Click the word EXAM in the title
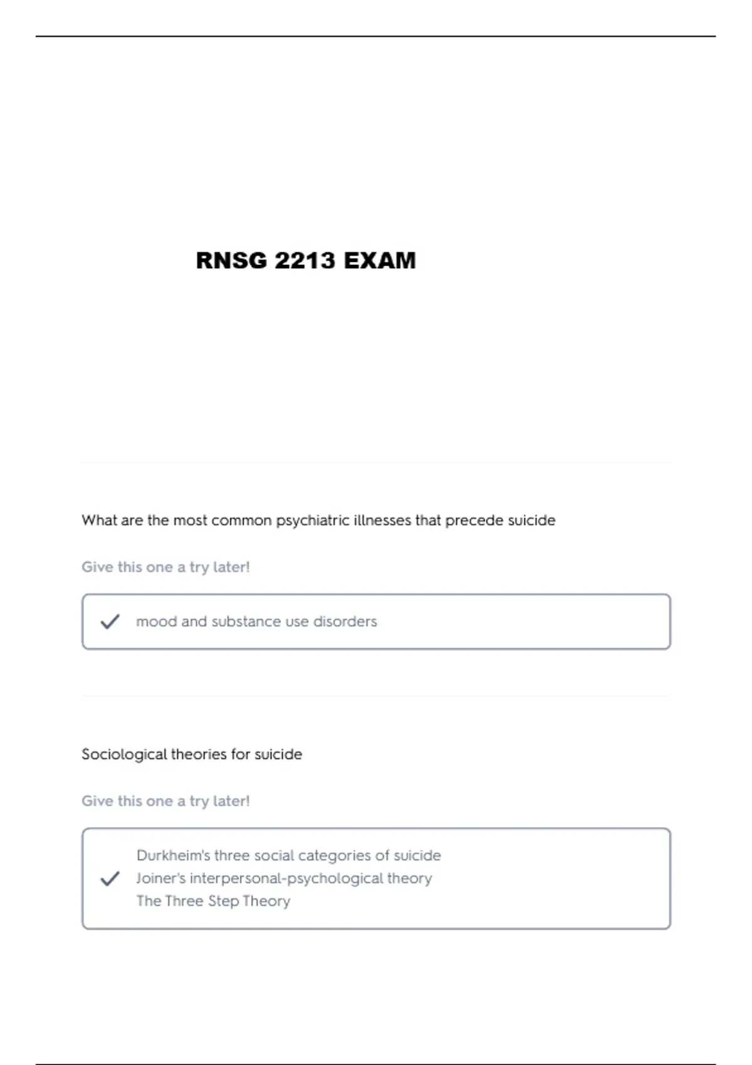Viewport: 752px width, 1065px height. [379, 261]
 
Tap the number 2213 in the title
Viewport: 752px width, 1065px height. [305, 261]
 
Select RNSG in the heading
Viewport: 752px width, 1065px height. [231, 261]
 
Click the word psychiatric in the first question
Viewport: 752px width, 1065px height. [313, 521]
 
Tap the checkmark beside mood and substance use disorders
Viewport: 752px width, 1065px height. [110, 621]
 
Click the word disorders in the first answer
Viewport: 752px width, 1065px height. [345, 621]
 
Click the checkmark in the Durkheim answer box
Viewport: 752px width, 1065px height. [110, 878]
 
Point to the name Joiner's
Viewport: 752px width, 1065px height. [161, 878]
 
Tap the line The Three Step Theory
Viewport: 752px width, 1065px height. [213, 901]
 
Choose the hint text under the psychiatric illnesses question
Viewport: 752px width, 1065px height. [165, 567]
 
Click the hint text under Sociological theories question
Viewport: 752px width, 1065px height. [165, 801]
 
